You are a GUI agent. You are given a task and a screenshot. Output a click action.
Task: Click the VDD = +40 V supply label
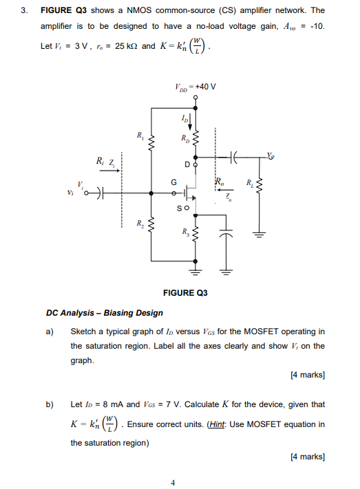tap(195, 87)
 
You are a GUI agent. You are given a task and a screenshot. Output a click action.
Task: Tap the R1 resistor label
tap(140, 135)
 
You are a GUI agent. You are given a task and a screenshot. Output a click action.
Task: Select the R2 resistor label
tap(140, 221)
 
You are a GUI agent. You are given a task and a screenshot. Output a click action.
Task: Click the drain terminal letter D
tap(187, 165)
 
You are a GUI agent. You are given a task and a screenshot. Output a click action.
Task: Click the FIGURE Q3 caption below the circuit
tap(185, 293)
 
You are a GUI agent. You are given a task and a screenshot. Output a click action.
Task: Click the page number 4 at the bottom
tap(173, 482)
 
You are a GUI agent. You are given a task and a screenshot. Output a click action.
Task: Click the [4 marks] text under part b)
tap(308, 457)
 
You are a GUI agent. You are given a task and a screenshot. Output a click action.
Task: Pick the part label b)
tap(50, 404)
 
